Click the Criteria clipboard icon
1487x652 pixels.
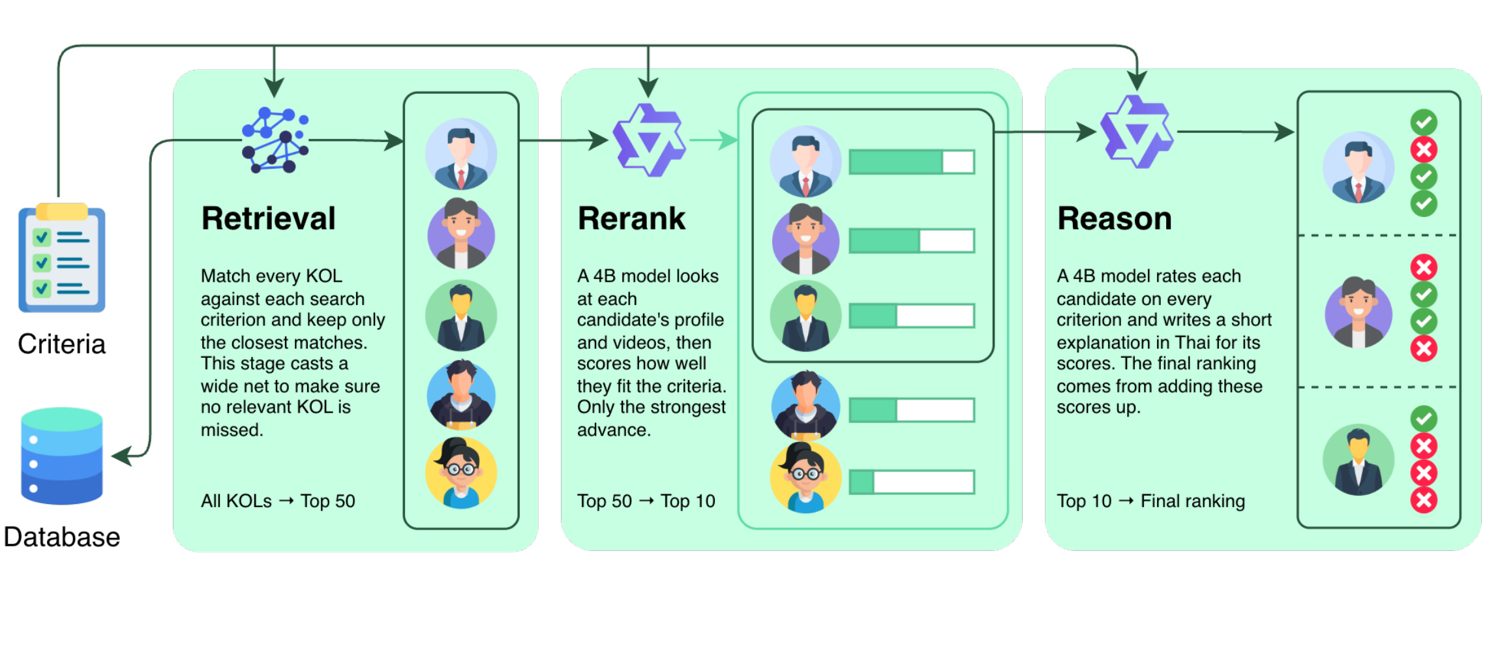(x=62, y=258)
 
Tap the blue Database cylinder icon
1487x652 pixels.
(x=62, y=456)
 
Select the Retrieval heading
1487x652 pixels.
(x=268, y=218)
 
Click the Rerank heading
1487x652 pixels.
(x=631, y=218)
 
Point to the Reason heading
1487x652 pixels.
(x=1115, y=218)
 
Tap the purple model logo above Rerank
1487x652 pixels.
(x=649, y=140)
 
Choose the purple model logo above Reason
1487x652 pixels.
(x=1137, y=132)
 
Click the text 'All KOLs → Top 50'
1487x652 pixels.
(x=278, y=501)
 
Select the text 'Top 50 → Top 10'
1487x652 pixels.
(x=646, y=501)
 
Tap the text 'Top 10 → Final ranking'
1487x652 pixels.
(x=1150, y=501)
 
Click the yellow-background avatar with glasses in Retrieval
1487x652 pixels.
(x=461, y=473)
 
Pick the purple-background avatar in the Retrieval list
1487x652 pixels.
(x=461, y=233)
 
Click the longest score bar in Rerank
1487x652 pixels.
(x=912, y=162)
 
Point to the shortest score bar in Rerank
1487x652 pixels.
(x=912, y=482)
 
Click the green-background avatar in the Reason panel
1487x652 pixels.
(x=1359, y=460)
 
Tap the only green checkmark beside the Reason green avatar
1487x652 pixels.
(x=1424, y=419)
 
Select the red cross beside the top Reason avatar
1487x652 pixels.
(x=1424, y=149)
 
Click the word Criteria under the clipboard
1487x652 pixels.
(x=62, y=344)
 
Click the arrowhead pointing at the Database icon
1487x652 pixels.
(x=121, y=456)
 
